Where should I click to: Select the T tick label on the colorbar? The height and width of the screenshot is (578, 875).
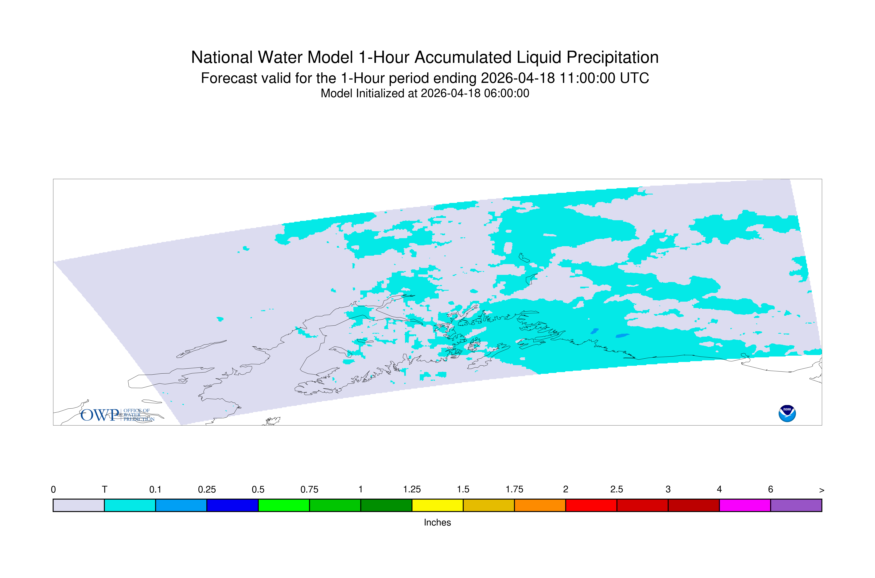pos(105,490)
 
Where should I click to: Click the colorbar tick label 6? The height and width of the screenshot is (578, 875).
pos(770,490)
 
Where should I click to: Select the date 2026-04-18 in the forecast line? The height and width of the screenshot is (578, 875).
pos(518,78)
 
